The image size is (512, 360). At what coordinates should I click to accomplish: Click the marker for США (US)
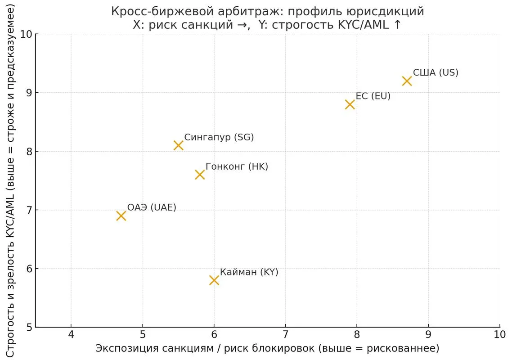point(407,81)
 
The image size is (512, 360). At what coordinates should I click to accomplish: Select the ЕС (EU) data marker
point(350,104)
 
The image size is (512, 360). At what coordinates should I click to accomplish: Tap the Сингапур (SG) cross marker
point(178,145)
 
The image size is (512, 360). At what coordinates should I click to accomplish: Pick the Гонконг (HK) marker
point(200,175)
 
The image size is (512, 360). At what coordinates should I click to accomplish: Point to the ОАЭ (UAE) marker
point(121,216)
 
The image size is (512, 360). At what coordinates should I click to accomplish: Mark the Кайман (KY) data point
point(214,280)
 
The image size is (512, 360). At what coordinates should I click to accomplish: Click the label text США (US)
point(436,72)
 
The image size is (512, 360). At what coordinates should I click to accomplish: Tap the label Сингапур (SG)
point(219,137)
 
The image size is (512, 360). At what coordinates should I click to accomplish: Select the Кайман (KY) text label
point(249,272)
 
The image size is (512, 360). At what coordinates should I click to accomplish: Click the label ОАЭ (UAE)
point(152,207)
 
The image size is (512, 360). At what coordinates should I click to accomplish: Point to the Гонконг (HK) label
point(237,166)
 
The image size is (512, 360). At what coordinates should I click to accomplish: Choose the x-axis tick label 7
point(285,335)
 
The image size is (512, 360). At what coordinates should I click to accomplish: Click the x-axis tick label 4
point(71,335)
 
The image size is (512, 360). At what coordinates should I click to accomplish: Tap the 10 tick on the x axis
point(499,335)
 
